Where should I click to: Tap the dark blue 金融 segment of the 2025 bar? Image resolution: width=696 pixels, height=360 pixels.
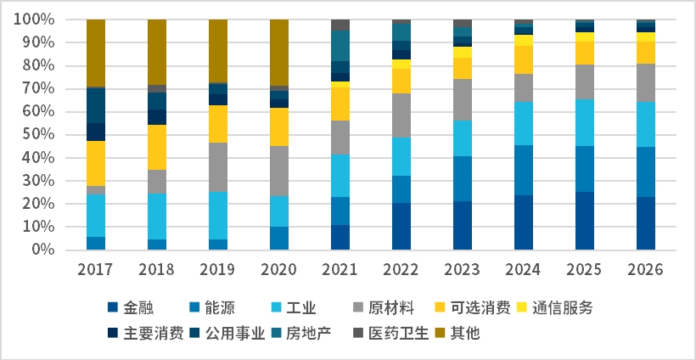click(x=585, y=221)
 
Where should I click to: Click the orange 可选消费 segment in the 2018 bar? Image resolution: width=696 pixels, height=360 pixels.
click(x=157, y=147)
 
